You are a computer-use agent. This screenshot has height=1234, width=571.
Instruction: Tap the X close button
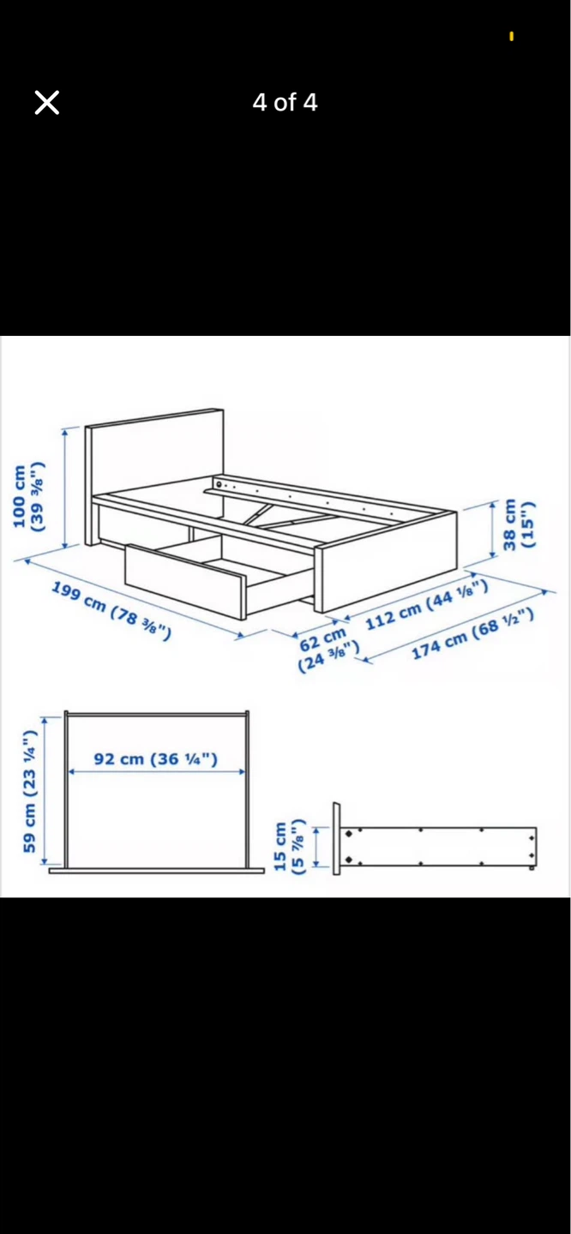tap(47, 103)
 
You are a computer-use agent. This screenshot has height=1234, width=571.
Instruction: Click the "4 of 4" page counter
tap(285, 103)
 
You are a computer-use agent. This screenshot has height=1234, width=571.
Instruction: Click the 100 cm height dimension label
tap(27, 497)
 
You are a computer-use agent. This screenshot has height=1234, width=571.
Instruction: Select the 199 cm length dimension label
tap(111, 610)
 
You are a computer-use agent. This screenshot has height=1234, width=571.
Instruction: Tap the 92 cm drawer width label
tap(156, 759)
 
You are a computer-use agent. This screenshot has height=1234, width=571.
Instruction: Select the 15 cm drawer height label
tap(289, 847)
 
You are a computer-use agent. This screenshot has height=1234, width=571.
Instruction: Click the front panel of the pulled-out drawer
tap(185, 581)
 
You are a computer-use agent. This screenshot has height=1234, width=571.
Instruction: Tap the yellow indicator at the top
tap(512, 36)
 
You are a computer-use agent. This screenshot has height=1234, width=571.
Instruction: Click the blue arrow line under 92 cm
tap(156, 772)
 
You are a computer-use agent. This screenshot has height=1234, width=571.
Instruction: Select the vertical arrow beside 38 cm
tap(493, 529)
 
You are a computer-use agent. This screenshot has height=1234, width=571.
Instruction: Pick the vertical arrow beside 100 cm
tap(65, 488)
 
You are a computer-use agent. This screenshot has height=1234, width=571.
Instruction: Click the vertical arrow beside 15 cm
tap(316, 847)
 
